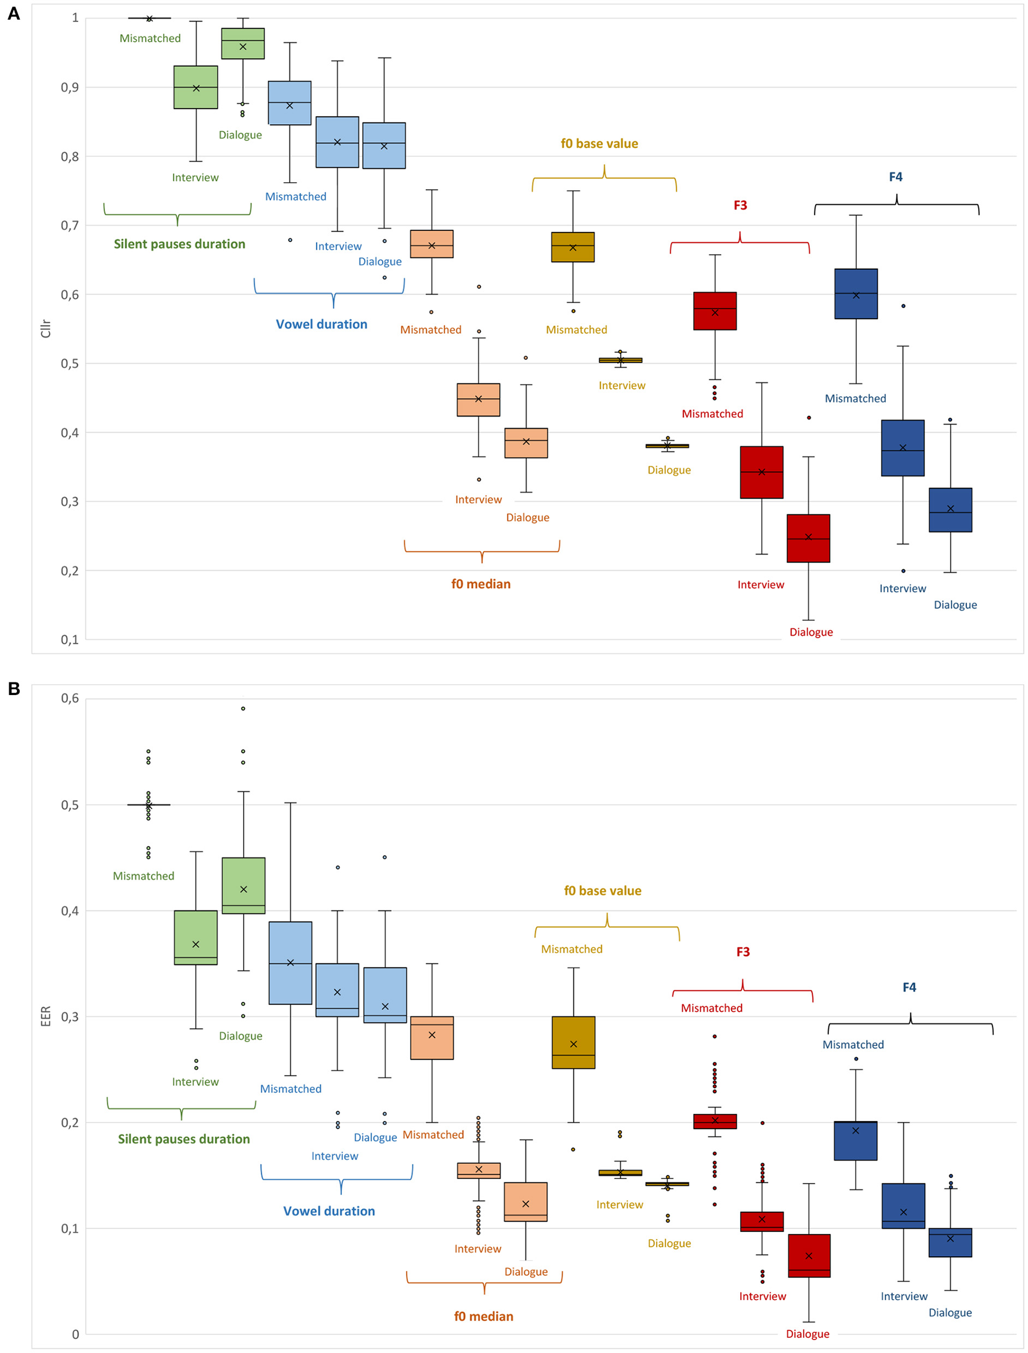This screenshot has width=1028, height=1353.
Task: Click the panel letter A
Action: coord(13,13)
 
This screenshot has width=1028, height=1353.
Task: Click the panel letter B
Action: coord(13,689)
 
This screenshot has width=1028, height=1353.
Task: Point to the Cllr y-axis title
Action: coord(46,328)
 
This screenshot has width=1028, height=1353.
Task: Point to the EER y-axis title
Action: coord(46,1016)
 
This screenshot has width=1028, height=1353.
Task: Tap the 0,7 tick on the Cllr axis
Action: coord(70,226)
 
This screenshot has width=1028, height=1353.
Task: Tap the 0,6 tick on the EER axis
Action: coord(70,699)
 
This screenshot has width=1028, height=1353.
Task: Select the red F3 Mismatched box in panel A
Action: coord(715,311)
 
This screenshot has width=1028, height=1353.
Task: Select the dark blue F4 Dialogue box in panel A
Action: coord(950,510)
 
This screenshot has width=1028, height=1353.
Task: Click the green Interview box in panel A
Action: coord(196,88)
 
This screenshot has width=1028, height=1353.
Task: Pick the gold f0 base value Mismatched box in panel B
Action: coord(573,1043)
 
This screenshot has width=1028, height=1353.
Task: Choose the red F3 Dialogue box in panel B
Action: coord(809,1256)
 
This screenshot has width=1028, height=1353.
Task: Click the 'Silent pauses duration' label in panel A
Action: coord(179,244)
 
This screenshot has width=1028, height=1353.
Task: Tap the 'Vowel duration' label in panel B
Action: coord(329,1211)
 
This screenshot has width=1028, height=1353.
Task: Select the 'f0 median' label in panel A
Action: coord(481,584)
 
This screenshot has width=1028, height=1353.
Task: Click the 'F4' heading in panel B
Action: coord(909,987)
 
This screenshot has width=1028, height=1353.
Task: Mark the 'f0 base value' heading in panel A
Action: coord(600,144)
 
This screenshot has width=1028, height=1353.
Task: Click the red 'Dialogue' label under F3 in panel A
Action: coord(811,632)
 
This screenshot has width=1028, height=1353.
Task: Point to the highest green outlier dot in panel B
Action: coord(243,708)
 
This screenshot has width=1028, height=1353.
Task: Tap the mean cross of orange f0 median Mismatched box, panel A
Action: coord(432,245)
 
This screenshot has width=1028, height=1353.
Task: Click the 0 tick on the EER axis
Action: coord(75,1334)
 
